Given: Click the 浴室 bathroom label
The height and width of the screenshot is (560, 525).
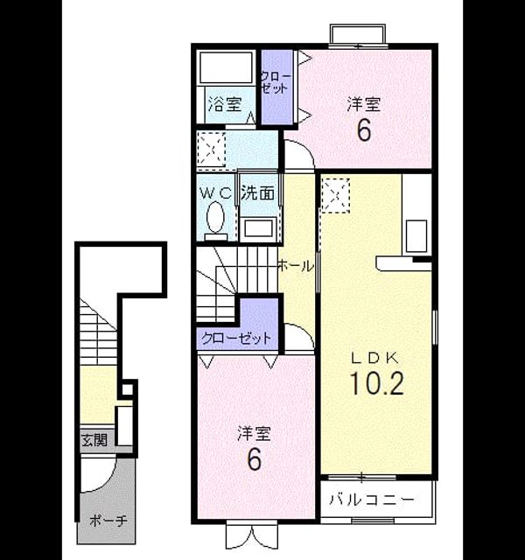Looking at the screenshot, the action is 226,104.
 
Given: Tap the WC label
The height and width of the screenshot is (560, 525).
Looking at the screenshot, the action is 216,193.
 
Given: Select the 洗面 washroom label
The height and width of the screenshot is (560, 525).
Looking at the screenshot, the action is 258,193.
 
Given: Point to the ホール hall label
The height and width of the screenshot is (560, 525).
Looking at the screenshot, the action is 296,266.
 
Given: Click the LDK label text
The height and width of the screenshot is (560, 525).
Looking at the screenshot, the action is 374,358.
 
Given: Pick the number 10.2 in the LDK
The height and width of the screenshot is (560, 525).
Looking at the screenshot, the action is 377,383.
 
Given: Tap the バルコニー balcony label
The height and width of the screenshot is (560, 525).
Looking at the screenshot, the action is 372,499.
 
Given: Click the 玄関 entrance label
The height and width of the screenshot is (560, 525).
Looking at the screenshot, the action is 94,440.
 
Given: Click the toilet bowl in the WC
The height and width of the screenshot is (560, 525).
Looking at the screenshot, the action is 216,217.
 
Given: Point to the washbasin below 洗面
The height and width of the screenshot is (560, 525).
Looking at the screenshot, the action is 258,227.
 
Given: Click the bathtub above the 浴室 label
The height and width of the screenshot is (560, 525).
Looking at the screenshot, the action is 226,68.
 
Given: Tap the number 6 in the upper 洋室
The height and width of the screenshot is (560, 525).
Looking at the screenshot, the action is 364,130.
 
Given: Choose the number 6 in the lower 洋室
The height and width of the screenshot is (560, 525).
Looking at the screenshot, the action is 254,459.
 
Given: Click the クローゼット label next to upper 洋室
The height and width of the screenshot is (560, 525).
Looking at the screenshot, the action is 276,83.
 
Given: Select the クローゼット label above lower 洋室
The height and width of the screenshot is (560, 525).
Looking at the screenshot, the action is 236,338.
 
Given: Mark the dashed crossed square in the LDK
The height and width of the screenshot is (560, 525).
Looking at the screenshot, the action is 336,195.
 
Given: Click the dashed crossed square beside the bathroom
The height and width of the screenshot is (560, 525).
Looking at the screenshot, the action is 212,150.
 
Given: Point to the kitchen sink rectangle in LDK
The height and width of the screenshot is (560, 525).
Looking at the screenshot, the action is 416,236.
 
